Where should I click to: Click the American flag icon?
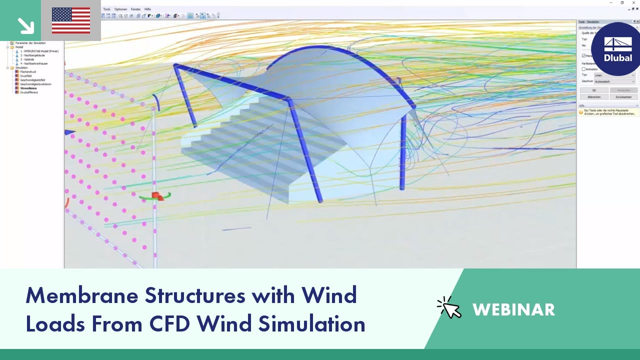pos(71,20)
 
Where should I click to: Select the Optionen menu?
pos(120,9)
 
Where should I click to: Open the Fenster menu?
pos(135,9)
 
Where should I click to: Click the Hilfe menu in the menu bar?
pos(147,9)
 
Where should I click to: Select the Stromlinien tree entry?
pos(29,88)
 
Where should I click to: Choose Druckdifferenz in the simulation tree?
pos(29,92)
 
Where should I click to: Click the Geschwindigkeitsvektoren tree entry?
pos(35,84)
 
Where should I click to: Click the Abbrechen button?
pos(594,97)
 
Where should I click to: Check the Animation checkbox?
pos(583,69)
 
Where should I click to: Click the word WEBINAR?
pos(513,309)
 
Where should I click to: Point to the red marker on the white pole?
pos(156,195)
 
